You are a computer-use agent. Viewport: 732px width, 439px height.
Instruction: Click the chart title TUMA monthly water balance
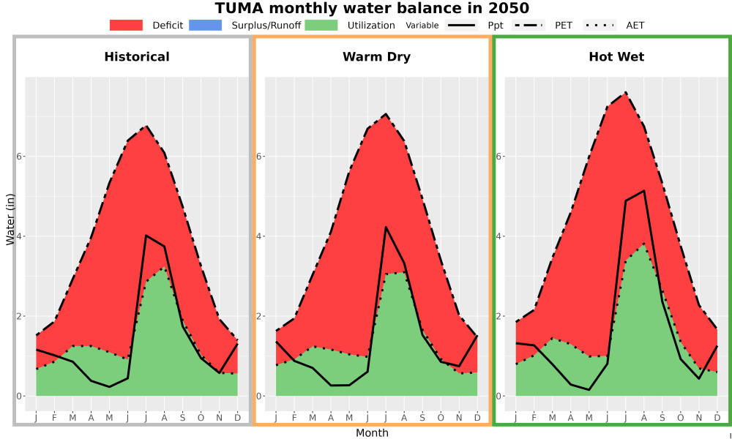coord(372,8)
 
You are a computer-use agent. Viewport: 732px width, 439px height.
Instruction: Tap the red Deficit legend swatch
coord(126,25)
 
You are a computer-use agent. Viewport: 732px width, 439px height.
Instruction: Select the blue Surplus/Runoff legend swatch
coord(206,25)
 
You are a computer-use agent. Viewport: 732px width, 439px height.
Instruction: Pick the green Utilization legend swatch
coord(321,25)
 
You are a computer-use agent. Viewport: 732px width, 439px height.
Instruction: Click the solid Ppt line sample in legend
coord(461,25)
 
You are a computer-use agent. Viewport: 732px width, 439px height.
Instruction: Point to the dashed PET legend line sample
coord(529,25)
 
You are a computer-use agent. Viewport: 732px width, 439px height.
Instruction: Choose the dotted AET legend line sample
coord(600,25)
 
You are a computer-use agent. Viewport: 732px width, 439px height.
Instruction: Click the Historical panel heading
coord(137,57)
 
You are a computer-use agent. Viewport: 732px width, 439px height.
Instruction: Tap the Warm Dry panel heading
coord(377,57)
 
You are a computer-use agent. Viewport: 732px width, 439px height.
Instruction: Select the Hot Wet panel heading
coord(616,57)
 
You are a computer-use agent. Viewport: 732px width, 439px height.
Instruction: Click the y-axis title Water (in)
coord(10,219)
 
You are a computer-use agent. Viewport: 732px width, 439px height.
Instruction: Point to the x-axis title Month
coord(372,433)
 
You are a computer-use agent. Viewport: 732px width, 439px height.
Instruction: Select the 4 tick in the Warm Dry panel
coord(260,236)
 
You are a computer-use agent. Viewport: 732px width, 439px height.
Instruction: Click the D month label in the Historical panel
coord(238,418)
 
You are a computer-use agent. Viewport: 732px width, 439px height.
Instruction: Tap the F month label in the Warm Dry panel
coord(294,418)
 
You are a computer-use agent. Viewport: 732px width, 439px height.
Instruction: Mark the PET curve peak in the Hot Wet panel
coord(626,92)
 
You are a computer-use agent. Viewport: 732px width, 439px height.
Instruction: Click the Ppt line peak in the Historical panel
coord(146,236)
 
